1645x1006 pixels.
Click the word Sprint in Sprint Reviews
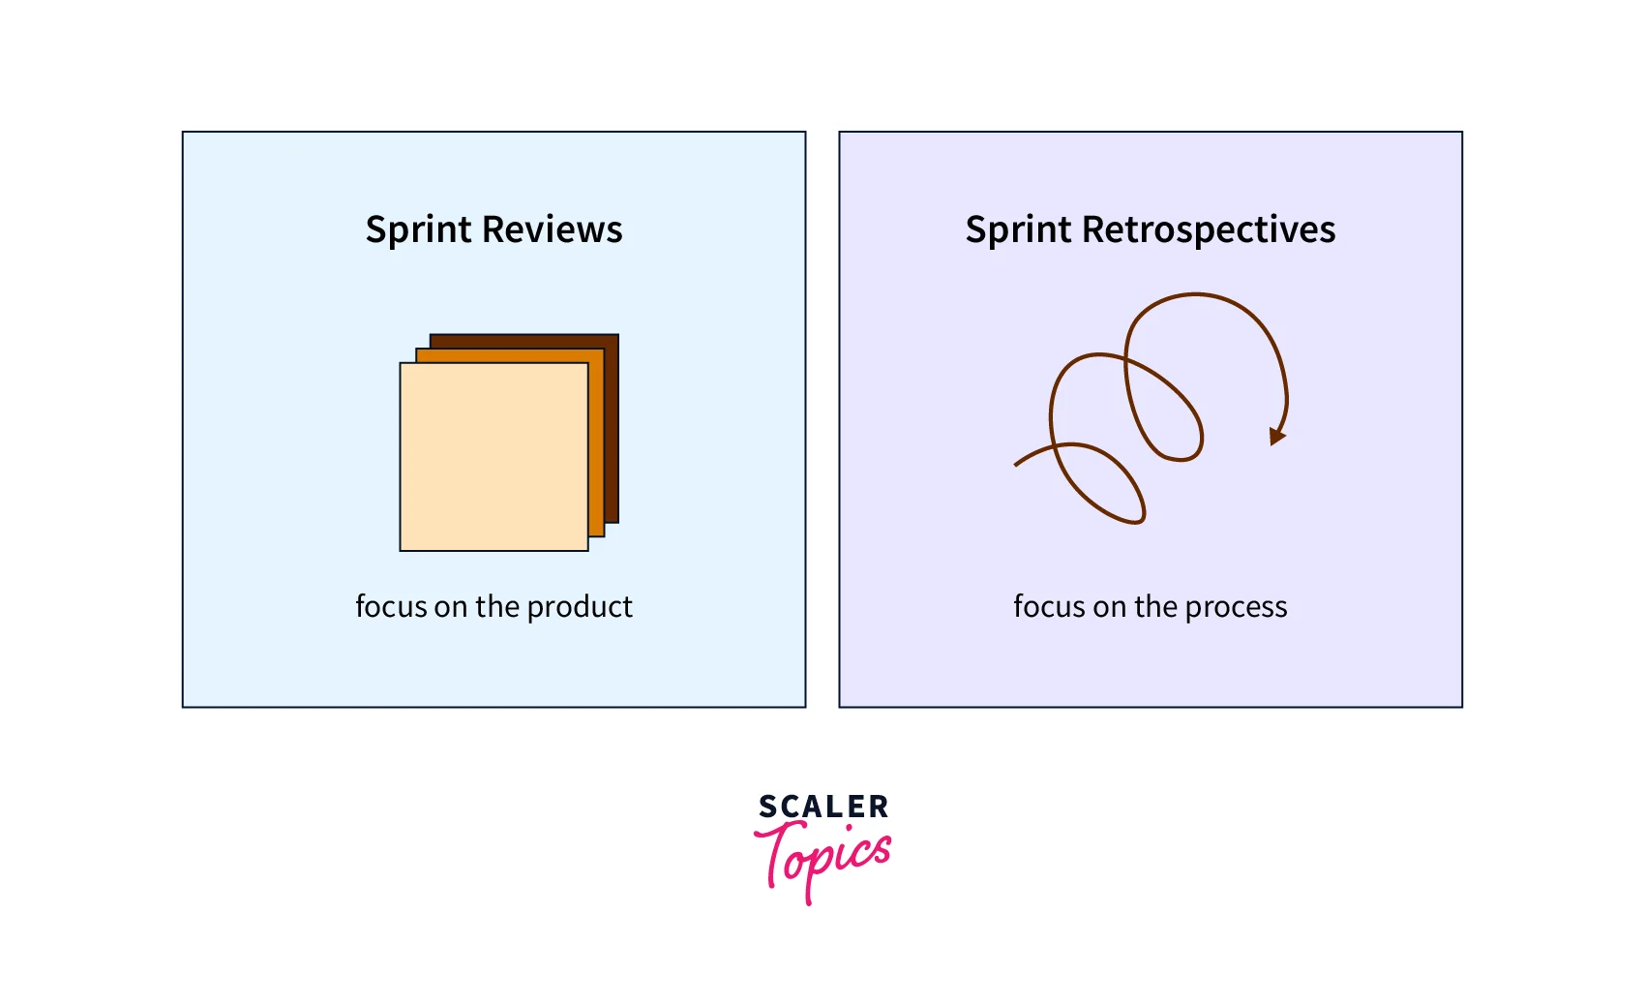pyautogui.click(x=419, y=230)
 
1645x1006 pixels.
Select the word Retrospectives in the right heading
pyautogui.click(x=1209, y=230)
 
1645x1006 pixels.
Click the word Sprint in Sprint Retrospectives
pyautogui.click(x=1019, y=230)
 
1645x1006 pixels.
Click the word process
pyautogui.click(x=1236, y=607)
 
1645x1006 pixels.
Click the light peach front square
pyautogui.click(x=493, y=457)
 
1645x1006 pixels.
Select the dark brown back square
pyautogui.click(x=612, y=426)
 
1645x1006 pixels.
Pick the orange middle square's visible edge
pyautogui.click(x=596, y=445)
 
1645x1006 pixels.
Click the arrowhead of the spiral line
pyautogui.click(x=1277, y=436)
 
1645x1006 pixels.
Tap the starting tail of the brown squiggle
pyautogui.click(x=1018, y=463)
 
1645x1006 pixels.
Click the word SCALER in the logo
pyautogui.click(x=823, y=807)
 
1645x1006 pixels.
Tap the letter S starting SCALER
pyautogui.click(x=767, y=807)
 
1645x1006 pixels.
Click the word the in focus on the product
pyautogui.click(x=497, y=606)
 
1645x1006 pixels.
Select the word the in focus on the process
pyautogui.click(x=1155, y=606)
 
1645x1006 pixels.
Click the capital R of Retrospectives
pyautogui.click(x=1094, y=230)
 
